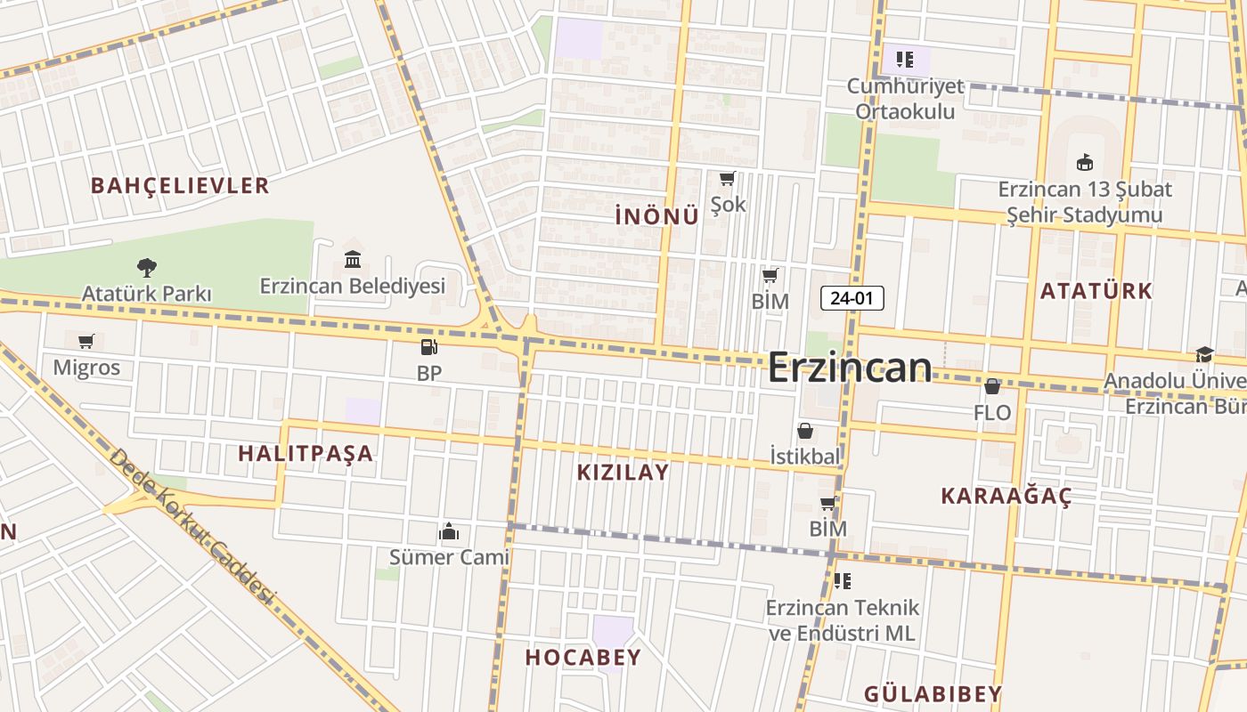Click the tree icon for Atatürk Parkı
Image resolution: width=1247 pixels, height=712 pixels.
click(x=147, y=267)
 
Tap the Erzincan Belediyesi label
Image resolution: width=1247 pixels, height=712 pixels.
click(x=352, y=286)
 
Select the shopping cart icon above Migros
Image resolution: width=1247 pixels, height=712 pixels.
click(x=86, y=341)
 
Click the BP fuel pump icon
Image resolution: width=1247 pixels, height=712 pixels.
click(x=428, y=347)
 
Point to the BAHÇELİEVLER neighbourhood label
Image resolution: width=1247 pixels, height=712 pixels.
click(x=180, y=185)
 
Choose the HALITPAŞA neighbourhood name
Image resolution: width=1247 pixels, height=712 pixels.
click(x=306, y=453)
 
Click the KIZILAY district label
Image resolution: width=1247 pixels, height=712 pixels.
click(x=623, y=472)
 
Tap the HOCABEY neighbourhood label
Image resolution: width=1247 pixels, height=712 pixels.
click(x=583, y=658)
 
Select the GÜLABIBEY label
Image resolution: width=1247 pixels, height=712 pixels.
click(x=933, y=693)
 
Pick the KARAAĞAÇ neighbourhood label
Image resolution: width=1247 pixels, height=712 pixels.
click(x=1006, y=496)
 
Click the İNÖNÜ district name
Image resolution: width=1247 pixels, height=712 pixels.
click(x=656, y=216)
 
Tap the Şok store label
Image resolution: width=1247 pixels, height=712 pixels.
click(x=728, y=205)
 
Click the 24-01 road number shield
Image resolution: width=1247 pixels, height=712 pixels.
click(x=852, y=298)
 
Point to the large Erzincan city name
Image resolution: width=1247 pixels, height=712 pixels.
click(x=849, y=367)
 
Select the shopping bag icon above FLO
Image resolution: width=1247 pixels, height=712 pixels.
click(x=991, y=386)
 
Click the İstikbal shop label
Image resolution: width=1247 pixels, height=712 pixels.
click(x=805, y=457)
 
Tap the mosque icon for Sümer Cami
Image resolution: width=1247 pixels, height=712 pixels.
click(x=449, y=531)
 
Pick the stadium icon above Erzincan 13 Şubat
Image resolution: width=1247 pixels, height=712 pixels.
click(x=1084, y=163)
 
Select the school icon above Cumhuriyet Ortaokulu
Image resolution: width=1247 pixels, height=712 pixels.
click(x=905, y=60)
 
